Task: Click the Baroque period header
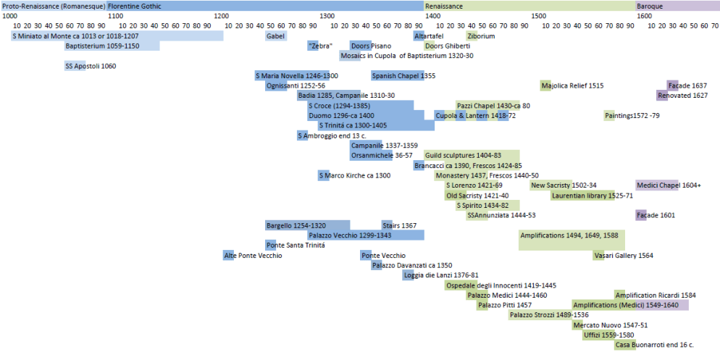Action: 677,6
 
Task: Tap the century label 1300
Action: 327,15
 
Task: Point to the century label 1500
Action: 539,15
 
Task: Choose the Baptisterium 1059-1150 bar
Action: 112,46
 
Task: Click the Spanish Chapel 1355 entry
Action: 398,76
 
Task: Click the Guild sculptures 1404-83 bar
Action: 472,155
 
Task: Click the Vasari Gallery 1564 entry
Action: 623,255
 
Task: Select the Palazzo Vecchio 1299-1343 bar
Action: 366,235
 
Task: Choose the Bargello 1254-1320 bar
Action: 308,225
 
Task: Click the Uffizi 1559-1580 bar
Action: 608,335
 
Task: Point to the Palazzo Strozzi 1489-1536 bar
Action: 548,315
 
